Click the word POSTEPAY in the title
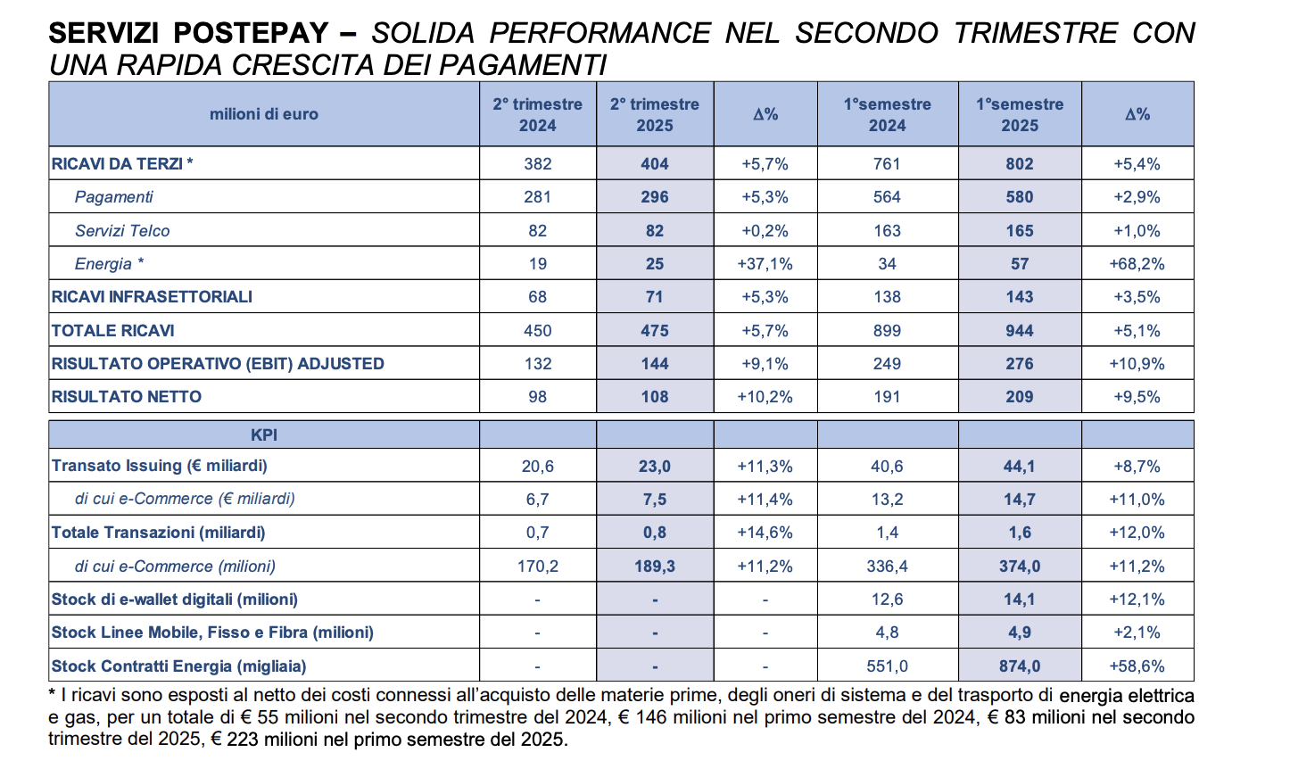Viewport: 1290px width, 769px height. pos(251,33)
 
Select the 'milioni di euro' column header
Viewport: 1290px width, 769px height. pos(264,114)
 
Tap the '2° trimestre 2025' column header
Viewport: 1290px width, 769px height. pos(654,114)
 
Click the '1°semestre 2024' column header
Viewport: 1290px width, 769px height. pos(887,114)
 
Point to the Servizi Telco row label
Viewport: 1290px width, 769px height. pos(122,230)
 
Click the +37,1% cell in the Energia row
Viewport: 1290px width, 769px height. pos(765,264)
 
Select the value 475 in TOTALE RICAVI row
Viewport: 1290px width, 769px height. pos(655,331)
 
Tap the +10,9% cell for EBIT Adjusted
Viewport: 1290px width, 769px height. pos(1137,363)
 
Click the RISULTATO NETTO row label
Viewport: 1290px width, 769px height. pos(127,396)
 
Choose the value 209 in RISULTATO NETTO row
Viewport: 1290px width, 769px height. pos(1020,396)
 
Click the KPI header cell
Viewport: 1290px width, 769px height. pos(264,434)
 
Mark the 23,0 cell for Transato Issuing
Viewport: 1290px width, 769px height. pos(655,466)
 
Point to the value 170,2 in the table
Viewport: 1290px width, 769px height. pos(537,566)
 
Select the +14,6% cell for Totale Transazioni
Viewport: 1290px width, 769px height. pos(765,533)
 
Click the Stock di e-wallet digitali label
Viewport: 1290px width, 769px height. pos(175,599)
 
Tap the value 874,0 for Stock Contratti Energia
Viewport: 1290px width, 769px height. pos(1020,666)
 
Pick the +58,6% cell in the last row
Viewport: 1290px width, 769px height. pos(1137,666)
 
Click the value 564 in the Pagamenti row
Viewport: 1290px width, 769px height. pos(887,197)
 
